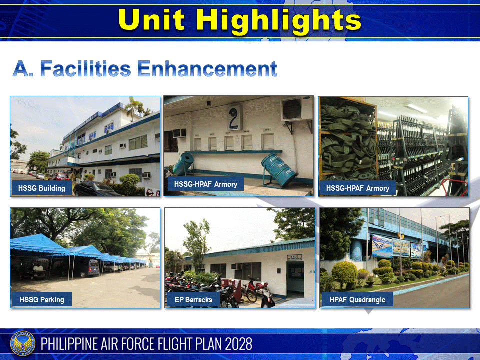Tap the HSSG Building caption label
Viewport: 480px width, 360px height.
(42, 188)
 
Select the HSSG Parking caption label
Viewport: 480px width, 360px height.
(42, 300)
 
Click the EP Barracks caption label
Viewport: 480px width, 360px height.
(193, 300)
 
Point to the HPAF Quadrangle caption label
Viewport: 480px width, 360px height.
(357, 300)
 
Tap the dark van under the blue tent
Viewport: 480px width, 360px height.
(86, 268)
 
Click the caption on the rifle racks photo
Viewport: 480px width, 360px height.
(357, 188)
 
